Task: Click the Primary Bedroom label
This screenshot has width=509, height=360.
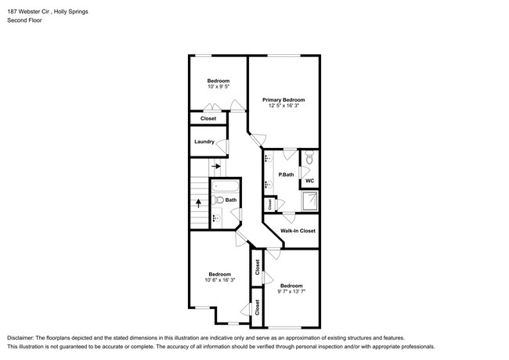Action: [283, 100]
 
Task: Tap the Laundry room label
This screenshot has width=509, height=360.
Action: [204, 142]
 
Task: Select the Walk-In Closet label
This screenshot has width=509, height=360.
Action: [298, 231]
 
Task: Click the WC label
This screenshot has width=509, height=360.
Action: [309, 181]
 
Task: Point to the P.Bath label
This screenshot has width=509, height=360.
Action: [285, 175]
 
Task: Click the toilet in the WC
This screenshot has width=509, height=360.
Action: [310, 160]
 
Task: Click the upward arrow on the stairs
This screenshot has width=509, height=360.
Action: [198, 202]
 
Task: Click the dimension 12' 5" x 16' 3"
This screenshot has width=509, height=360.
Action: [283, 106]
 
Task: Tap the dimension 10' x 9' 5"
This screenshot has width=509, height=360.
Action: [218, 88]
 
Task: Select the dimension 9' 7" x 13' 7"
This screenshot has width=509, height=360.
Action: [291, 292]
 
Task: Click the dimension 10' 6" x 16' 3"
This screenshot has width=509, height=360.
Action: [218, 280]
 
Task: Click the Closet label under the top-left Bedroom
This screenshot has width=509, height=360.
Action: [208, 119]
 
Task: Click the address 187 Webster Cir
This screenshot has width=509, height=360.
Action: [31, 9]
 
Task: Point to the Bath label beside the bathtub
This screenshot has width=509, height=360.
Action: [231, 200]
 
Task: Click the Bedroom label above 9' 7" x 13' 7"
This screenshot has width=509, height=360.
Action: [291, 286]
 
